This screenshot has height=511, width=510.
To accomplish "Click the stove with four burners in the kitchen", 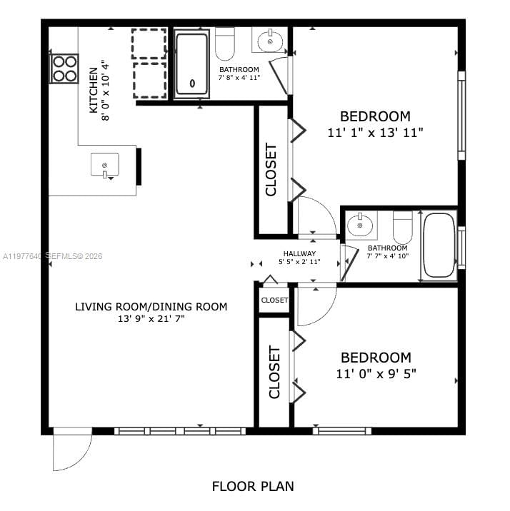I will [x=64, y=69].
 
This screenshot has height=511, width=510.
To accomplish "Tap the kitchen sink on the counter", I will [x=104, y=165].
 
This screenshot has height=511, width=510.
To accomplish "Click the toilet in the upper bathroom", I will [x=225, y=45].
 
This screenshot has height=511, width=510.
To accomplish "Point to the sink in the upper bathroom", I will [x=269, y=41].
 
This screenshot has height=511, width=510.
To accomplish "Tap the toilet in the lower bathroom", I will [x=403, y=226].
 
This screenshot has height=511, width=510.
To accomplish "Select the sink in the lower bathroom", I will [x=360, y=225].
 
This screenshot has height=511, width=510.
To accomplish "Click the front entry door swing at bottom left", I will [x=71, y=450].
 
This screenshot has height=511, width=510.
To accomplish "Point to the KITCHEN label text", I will [x=94, y=91].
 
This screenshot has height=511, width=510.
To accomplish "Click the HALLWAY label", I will [x=299, y=253].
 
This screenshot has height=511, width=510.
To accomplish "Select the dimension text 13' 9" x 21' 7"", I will [x=151, y=320].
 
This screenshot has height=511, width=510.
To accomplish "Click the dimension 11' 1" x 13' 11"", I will [x=376, y=132].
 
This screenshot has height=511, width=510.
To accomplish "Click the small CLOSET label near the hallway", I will [x=274, y=300].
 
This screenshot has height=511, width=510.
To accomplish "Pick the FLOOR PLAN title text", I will [x=253, y=487].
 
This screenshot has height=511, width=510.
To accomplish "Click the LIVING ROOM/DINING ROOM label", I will [x=151, y=307].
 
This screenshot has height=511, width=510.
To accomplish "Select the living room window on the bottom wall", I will [x=180, y=431].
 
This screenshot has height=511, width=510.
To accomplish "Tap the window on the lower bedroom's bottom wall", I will [x=341, y=430].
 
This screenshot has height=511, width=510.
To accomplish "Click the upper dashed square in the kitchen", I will [x=149, y=44].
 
